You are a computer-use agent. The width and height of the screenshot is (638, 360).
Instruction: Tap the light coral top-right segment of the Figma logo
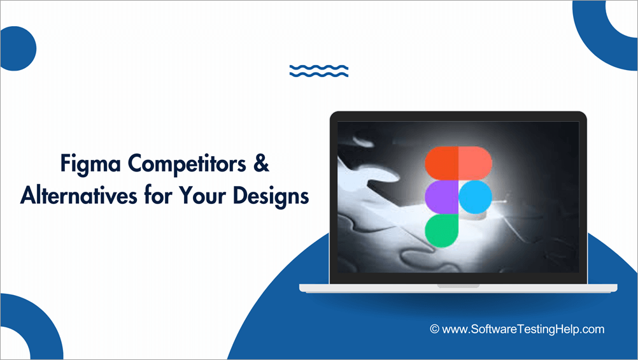(474, 164)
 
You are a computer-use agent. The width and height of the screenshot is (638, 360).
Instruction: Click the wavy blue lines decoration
(318, 71)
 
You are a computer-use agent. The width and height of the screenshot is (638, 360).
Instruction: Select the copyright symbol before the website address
(435, 329)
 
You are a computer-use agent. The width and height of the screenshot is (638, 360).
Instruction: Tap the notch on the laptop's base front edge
(458, 285)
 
